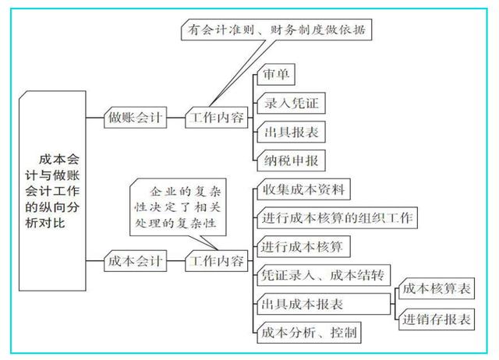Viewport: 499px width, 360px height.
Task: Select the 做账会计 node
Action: tap(135, 118)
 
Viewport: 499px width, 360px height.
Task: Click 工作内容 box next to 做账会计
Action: tap(215, 118)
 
